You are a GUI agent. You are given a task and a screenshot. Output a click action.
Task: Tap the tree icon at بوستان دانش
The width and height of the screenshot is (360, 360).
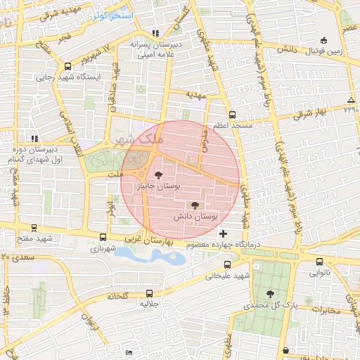pos(195,205)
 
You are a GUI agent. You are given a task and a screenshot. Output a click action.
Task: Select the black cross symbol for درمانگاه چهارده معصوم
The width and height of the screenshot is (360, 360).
pos(224,233)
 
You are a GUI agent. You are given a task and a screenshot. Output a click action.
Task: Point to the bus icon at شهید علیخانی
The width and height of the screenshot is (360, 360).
pos(226,265)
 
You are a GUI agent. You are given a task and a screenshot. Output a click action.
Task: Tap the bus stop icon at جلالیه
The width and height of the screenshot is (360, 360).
pos(149,292)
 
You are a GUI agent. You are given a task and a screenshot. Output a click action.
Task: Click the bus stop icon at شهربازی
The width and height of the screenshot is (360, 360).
pos(103,238)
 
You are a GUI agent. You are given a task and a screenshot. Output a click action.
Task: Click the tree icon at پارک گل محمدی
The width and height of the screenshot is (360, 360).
pos(271,293)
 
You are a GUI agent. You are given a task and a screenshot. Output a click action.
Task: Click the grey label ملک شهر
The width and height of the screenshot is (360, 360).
pos(141,139)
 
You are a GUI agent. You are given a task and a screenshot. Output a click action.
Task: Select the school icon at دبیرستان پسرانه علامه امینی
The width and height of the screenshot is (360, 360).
pos(155,32)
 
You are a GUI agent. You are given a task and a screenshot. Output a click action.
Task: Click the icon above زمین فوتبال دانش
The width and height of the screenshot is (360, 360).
pos(323,40)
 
